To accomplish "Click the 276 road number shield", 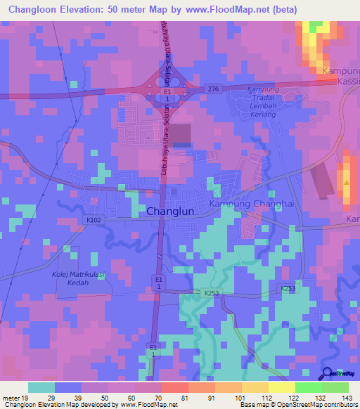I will pyautogui.click(x=214, y=87).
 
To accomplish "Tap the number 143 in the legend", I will pyautogui.click(x=345, y=398).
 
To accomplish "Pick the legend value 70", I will pyautogui.click(x=160, y=398).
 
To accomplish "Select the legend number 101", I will pyautogui.click(x=240, y=398).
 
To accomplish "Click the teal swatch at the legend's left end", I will pyautogui.click(x=41, y=387).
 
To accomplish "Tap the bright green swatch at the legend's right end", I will pyautogui.click(x=335, y=387).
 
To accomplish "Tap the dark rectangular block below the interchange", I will pyautogui.click(x=181, y=134).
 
